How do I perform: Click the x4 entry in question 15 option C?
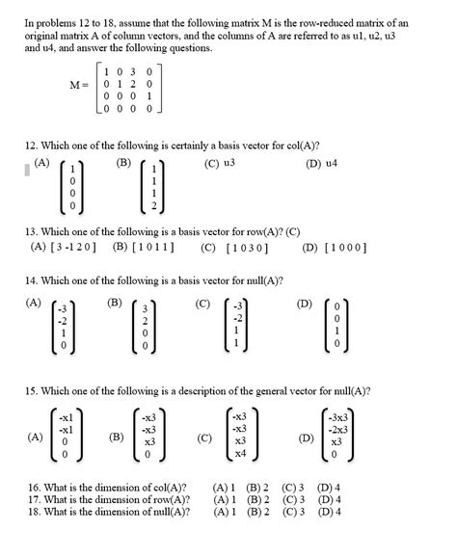(x=239, y=452)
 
